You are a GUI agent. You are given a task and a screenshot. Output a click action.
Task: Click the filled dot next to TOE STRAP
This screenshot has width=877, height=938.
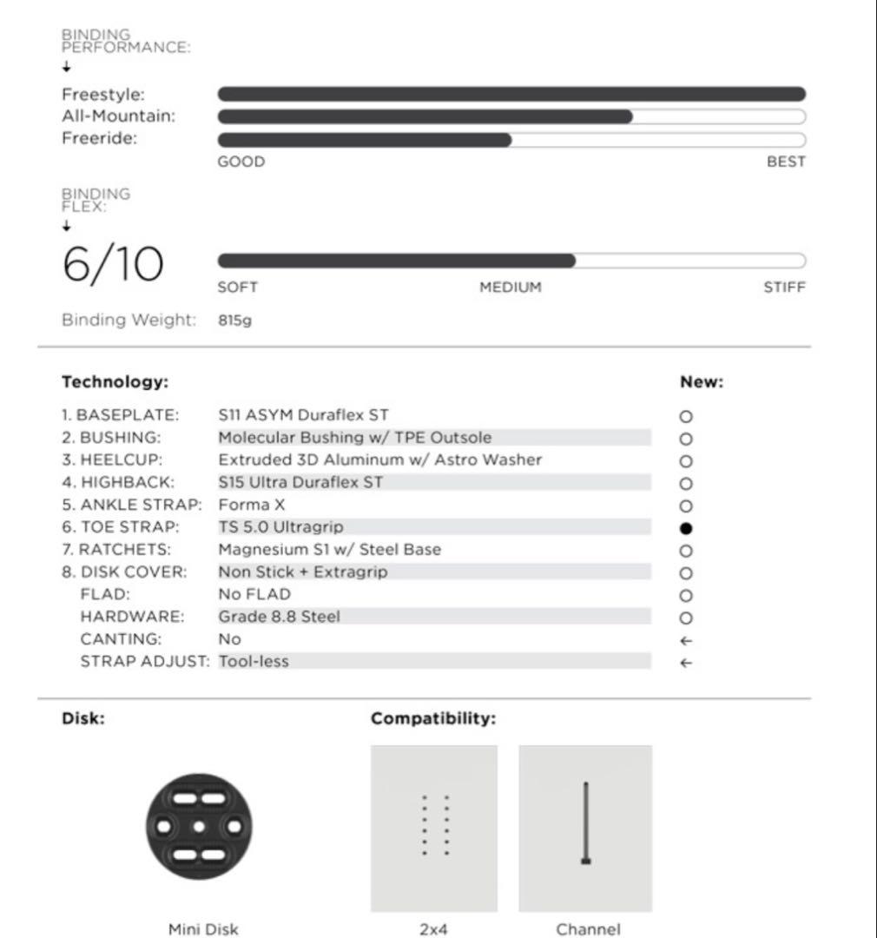point(686,528)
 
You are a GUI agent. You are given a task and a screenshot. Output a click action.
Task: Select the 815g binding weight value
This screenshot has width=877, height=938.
point(235,320)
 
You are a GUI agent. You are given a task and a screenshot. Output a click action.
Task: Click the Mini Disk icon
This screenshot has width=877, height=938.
point(199,826)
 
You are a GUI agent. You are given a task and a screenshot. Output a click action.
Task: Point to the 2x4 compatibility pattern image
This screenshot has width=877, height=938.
point(434,828)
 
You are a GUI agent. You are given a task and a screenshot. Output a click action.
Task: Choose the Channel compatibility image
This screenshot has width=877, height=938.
point(585,828)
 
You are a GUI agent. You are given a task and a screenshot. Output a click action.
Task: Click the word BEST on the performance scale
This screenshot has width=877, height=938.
point(786,162)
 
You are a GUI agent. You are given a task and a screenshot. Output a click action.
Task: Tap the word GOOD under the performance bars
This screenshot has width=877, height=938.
point(241,162)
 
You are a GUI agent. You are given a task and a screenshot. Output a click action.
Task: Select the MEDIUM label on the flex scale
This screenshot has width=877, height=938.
point(511,287)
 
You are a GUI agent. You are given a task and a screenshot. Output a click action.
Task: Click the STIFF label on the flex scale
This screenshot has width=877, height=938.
point(784,287)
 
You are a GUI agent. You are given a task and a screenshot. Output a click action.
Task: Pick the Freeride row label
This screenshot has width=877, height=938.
point(100,138)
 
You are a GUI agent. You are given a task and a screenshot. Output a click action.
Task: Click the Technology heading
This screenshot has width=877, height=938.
point(115,382)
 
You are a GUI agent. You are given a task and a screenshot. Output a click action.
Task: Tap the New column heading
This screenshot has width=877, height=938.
point(702,382)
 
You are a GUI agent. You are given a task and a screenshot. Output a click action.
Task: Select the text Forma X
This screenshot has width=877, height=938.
point(252,505)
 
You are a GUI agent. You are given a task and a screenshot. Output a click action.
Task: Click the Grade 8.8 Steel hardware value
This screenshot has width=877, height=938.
point(279,617)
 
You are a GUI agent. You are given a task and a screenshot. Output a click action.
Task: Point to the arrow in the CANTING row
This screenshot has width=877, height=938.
point(686,640)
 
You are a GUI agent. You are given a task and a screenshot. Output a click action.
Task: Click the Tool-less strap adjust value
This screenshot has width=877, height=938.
point(254,662)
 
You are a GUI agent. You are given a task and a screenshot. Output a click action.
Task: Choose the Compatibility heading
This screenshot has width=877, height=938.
point(433,719)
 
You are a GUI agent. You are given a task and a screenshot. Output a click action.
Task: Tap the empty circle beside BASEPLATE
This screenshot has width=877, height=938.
point(686,417)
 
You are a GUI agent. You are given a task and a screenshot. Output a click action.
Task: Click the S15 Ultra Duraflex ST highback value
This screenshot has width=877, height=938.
point(300,482)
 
